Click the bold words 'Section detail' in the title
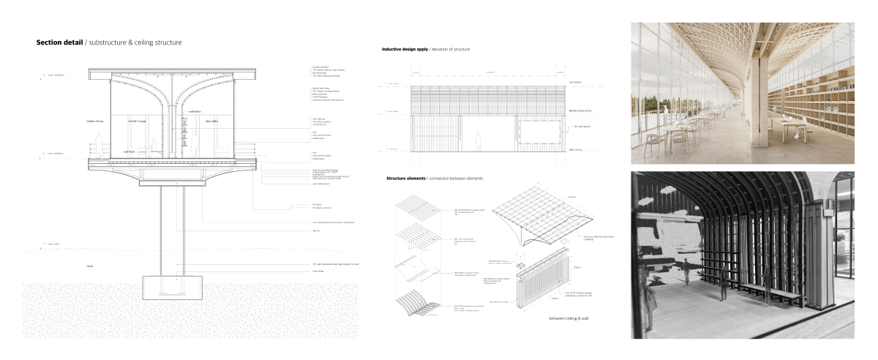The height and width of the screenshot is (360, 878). click(x=60, y=43)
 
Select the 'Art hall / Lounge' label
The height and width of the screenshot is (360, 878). click(x=138, y=121)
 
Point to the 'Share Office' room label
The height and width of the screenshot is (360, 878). click(x=212, y=121)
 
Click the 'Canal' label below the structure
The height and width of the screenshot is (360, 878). click(x=90, y=267)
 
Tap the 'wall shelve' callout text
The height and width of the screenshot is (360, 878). click(x=195, y=112)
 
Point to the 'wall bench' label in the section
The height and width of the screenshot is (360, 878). click(x=129, y=153)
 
